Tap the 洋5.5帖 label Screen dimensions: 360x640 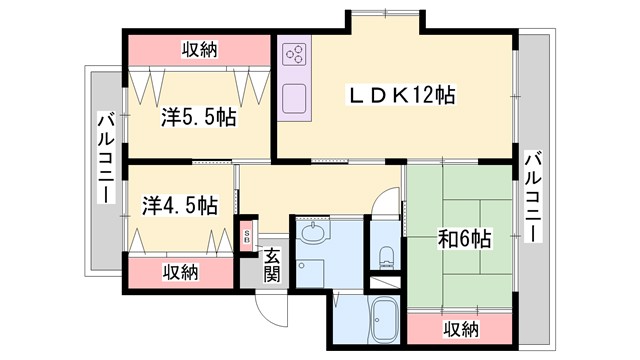click(199, 117)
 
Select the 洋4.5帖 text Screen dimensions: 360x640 click(180, 205)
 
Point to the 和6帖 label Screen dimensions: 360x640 click(465, 239)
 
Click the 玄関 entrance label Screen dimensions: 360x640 click(271, 265)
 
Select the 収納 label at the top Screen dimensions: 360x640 click(201, 47)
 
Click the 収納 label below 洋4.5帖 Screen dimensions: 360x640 click(181, 271)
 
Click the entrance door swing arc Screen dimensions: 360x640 click(265, 305)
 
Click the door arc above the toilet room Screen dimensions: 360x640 click(383, 203)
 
